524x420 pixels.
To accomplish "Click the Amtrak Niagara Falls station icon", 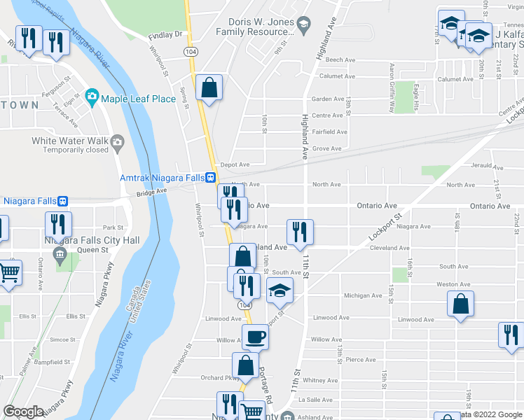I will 211,178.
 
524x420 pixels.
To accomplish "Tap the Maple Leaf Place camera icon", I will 92,99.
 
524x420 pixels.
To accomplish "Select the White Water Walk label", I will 71,141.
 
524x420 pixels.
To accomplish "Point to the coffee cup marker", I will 255,338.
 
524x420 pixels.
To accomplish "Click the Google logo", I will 23,412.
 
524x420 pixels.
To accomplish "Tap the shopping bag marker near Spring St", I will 209,89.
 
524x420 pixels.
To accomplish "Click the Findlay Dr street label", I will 165,34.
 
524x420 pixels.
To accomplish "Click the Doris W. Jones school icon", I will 303,27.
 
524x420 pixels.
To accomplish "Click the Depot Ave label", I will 235,164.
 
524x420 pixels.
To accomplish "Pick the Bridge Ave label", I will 152,191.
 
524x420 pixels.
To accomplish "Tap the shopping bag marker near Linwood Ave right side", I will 460,305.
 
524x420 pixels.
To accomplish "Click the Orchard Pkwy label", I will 216,378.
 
